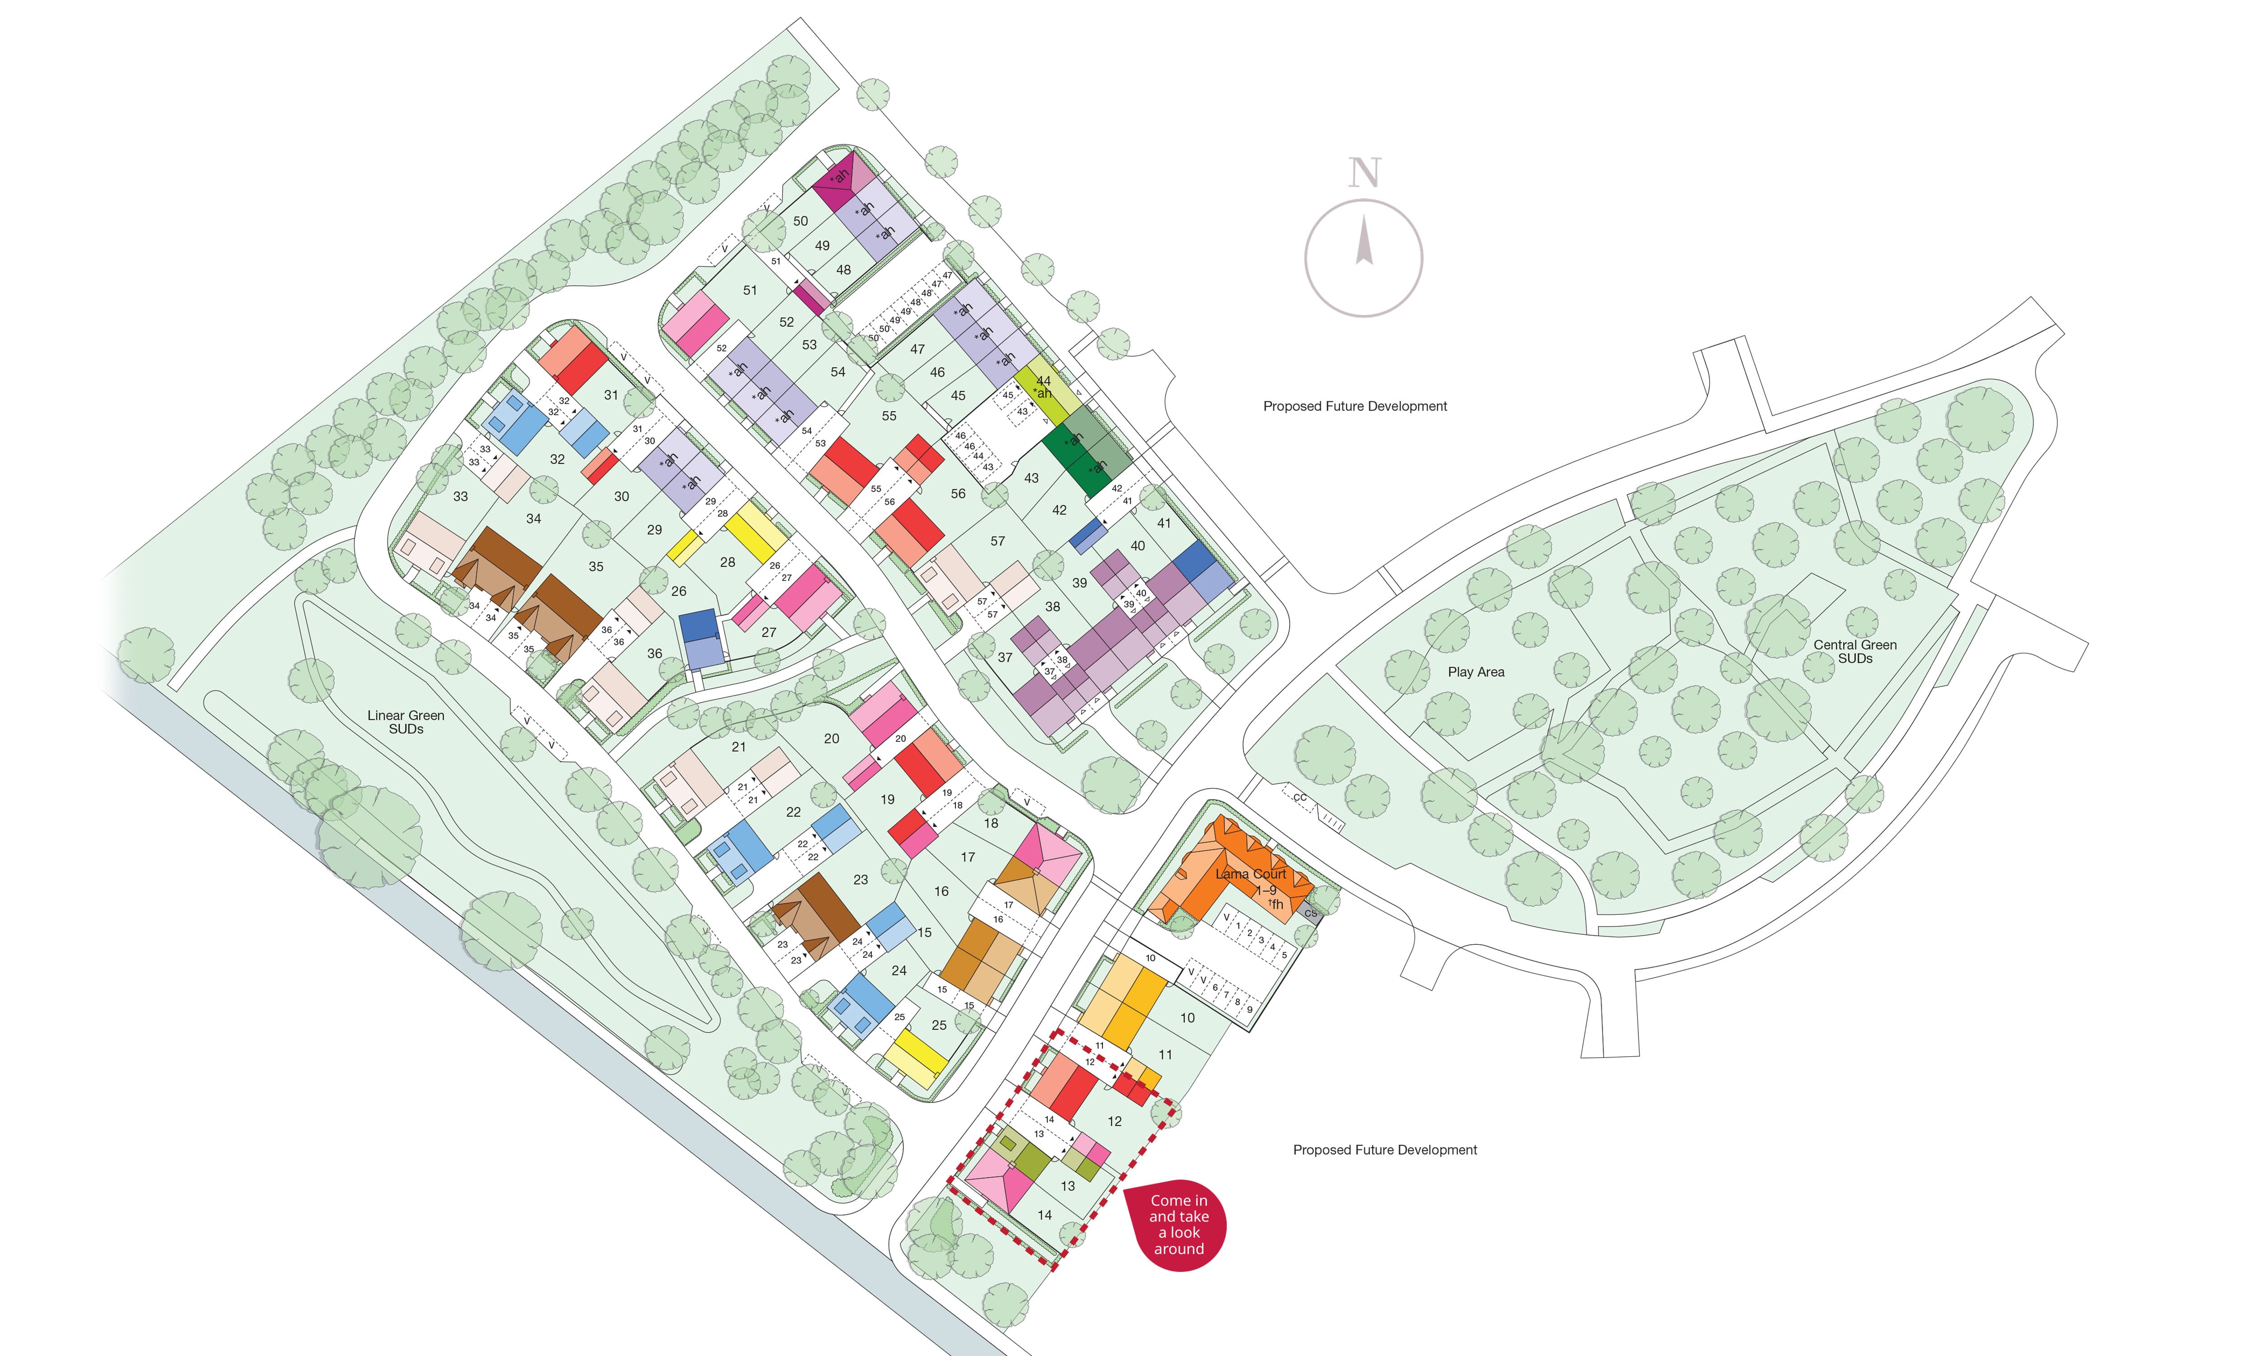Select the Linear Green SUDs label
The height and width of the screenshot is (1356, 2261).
pyautogui.click(x=406, y=722)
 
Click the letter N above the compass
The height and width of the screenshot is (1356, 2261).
pyautogui.click(x=1364, y=174)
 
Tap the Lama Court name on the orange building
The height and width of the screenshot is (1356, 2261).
pyautogui.click(x=1250, y=875)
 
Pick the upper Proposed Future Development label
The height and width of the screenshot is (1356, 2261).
pyautogui.click(x=1354, y=407)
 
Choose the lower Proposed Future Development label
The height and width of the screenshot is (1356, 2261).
pyautogui.click(x=1385, y=1149)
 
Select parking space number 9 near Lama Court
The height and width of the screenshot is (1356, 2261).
pyautogui.click(x=1249, y=1010)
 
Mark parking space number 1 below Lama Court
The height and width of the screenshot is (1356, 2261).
pyautogui.click(x=1238, y=926)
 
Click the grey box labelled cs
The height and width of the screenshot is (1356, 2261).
pyautogui.click(x=1310, y=913)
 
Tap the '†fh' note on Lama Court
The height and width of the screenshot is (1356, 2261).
pyautogui.click(x=1276, y=904)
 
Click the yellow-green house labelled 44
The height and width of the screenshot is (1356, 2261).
pyautogui.click(x=1044, y=386)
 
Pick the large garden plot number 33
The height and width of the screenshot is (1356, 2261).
pyautogui.click(x=461, y=496)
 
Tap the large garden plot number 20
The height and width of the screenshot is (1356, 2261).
pyautogui.click(x=831, y=738)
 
